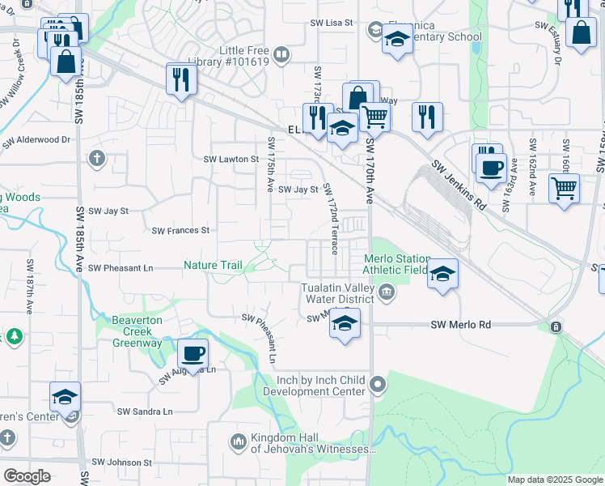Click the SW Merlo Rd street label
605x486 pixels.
click(x=461, y=325)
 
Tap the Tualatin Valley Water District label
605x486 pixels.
click(x=337, y=293)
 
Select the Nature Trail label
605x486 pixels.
click(x=213, y=265)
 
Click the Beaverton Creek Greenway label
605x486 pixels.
click(x=137, y=331)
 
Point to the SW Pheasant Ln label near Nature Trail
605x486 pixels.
click(x=121, y=267)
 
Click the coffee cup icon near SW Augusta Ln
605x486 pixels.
click(x=192, y=354)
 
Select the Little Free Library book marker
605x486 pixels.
click(x=281, y=55)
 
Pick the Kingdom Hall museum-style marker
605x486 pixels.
click(x=238, y=442)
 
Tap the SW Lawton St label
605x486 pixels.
click(x=231, y=160)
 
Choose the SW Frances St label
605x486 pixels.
click(x=181, y=231)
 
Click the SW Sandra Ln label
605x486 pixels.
click(x=145, y=411)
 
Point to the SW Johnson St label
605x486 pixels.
click(x=121, y=463)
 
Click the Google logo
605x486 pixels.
click(x=27, y=475)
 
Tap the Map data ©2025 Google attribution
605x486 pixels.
click(x=555, y=480)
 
